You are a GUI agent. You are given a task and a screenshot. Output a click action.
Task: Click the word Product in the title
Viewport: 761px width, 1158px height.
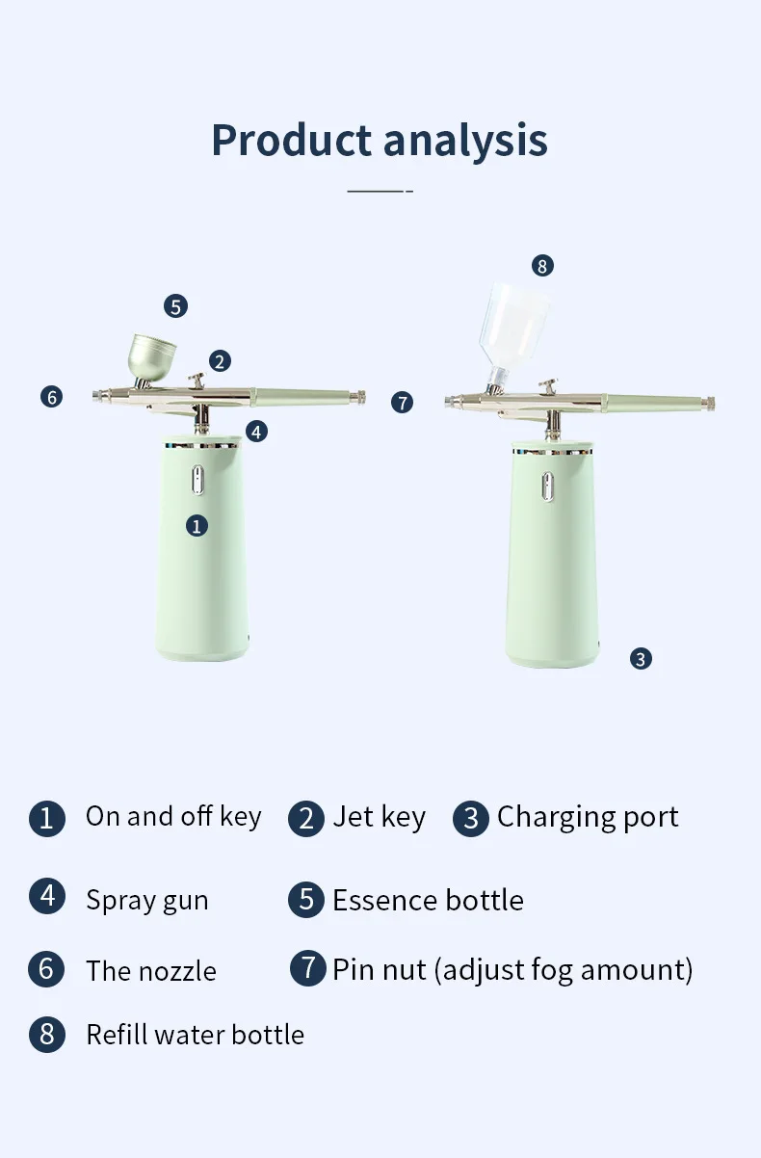coord(292,140)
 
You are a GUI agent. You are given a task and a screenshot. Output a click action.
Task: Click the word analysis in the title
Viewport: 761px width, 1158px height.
coord(465,140)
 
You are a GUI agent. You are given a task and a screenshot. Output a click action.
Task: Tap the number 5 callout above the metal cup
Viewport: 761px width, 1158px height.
coord(175,306)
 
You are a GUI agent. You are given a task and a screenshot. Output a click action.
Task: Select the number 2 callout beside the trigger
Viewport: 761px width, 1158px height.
coord(221,361)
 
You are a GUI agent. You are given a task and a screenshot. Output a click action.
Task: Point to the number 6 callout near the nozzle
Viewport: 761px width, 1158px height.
coord(52,396)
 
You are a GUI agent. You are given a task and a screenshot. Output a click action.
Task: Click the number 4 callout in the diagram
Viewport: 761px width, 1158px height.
coord(256,432)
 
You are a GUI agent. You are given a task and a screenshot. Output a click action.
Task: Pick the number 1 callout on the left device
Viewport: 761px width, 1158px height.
coord(197,525)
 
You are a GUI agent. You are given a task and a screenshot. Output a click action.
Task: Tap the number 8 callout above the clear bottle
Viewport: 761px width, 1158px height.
coord(543,266)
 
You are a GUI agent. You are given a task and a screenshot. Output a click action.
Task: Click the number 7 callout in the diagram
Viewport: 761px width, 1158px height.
coord(403,402)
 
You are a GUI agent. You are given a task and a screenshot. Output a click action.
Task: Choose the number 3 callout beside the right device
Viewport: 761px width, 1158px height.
coord(641,659)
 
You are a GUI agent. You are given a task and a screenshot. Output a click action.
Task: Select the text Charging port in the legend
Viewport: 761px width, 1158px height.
coord(588,817)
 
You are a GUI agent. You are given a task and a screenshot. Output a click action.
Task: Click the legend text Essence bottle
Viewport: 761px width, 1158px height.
coord(428,900)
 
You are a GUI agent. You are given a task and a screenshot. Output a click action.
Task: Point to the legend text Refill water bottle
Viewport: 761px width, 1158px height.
coord(195,1035)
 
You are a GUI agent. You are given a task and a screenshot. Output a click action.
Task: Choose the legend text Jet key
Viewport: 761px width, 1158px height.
coord(379,817)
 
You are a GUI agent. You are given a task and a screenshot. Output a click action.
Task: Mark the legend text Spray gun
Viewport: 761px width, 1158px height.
coord(146,900)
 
